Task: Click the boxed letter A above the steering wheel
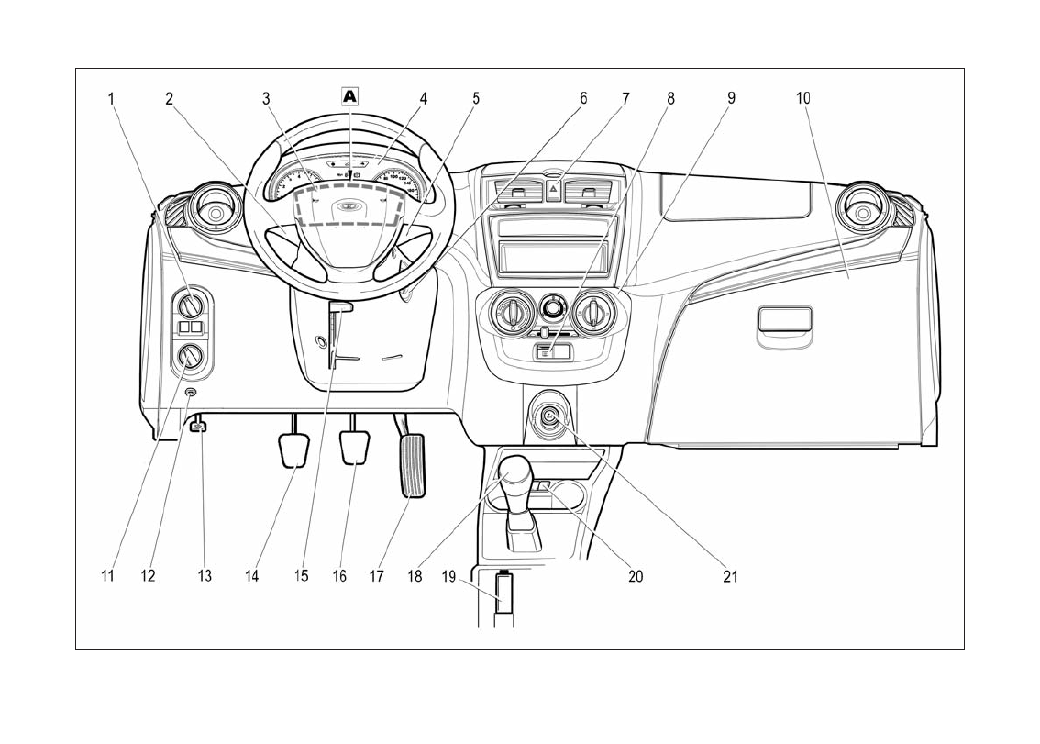(349, 95)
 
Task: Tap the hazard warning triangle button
(554, 191)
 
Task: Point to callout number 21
(730, 576)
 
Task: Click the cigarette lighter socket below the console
(548, 417)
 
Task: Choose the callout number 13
(205, 576)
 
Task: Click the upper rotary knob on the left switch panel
(193, 304)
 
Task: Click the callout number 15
(301, 576)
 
